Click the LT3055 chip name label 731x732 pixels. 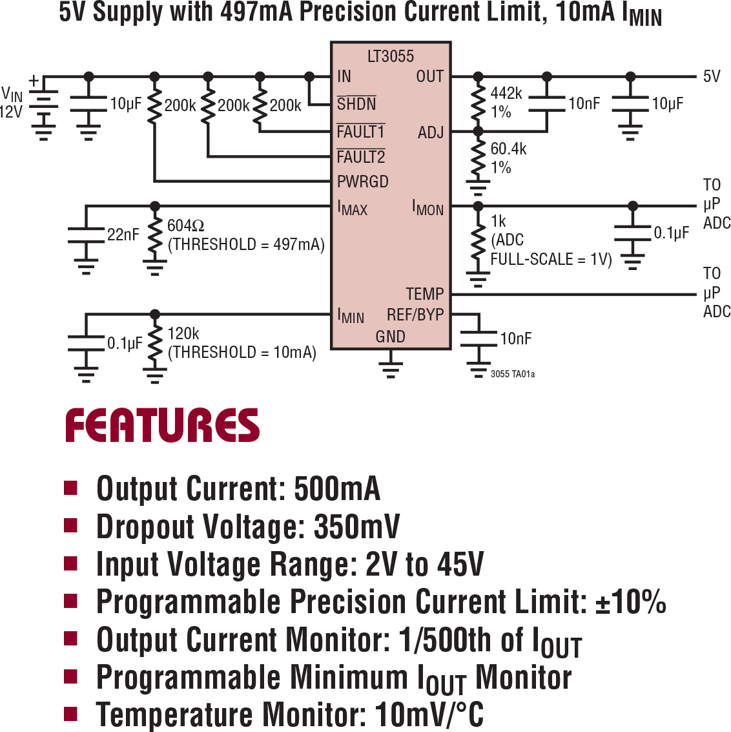click(390, 57)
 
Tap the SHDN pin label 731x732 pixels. click(356, 104)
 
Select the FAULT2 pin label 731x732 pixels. click(360, 157)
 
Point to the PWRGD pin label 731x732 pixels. click(362, 182)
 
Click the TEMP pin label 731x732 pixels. click(424, 294)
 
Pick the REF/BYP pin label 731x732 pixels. click(415, 315)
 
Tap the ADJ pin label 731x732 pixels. click(430, 132)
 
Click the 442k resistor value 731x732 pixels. click(506, 94)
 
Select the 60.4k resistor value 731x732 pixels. click(508, 149)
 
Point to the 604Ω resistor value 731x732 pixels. click(185, 226)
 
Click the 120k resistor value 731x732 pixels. click(183, 334)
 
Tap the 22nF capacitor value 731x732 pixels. click(123, 235)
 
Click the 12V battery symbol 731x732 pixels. click(43, 107)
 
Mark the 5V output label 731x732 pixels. click(711, 76)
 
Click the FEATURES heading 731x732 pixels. click(162, 425)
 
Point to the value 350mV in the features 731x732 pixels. click(356, 527)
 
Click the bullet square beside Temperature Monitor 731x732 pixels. click(70, 714)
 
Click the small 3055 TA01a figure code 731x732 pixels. click(512, 374)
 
